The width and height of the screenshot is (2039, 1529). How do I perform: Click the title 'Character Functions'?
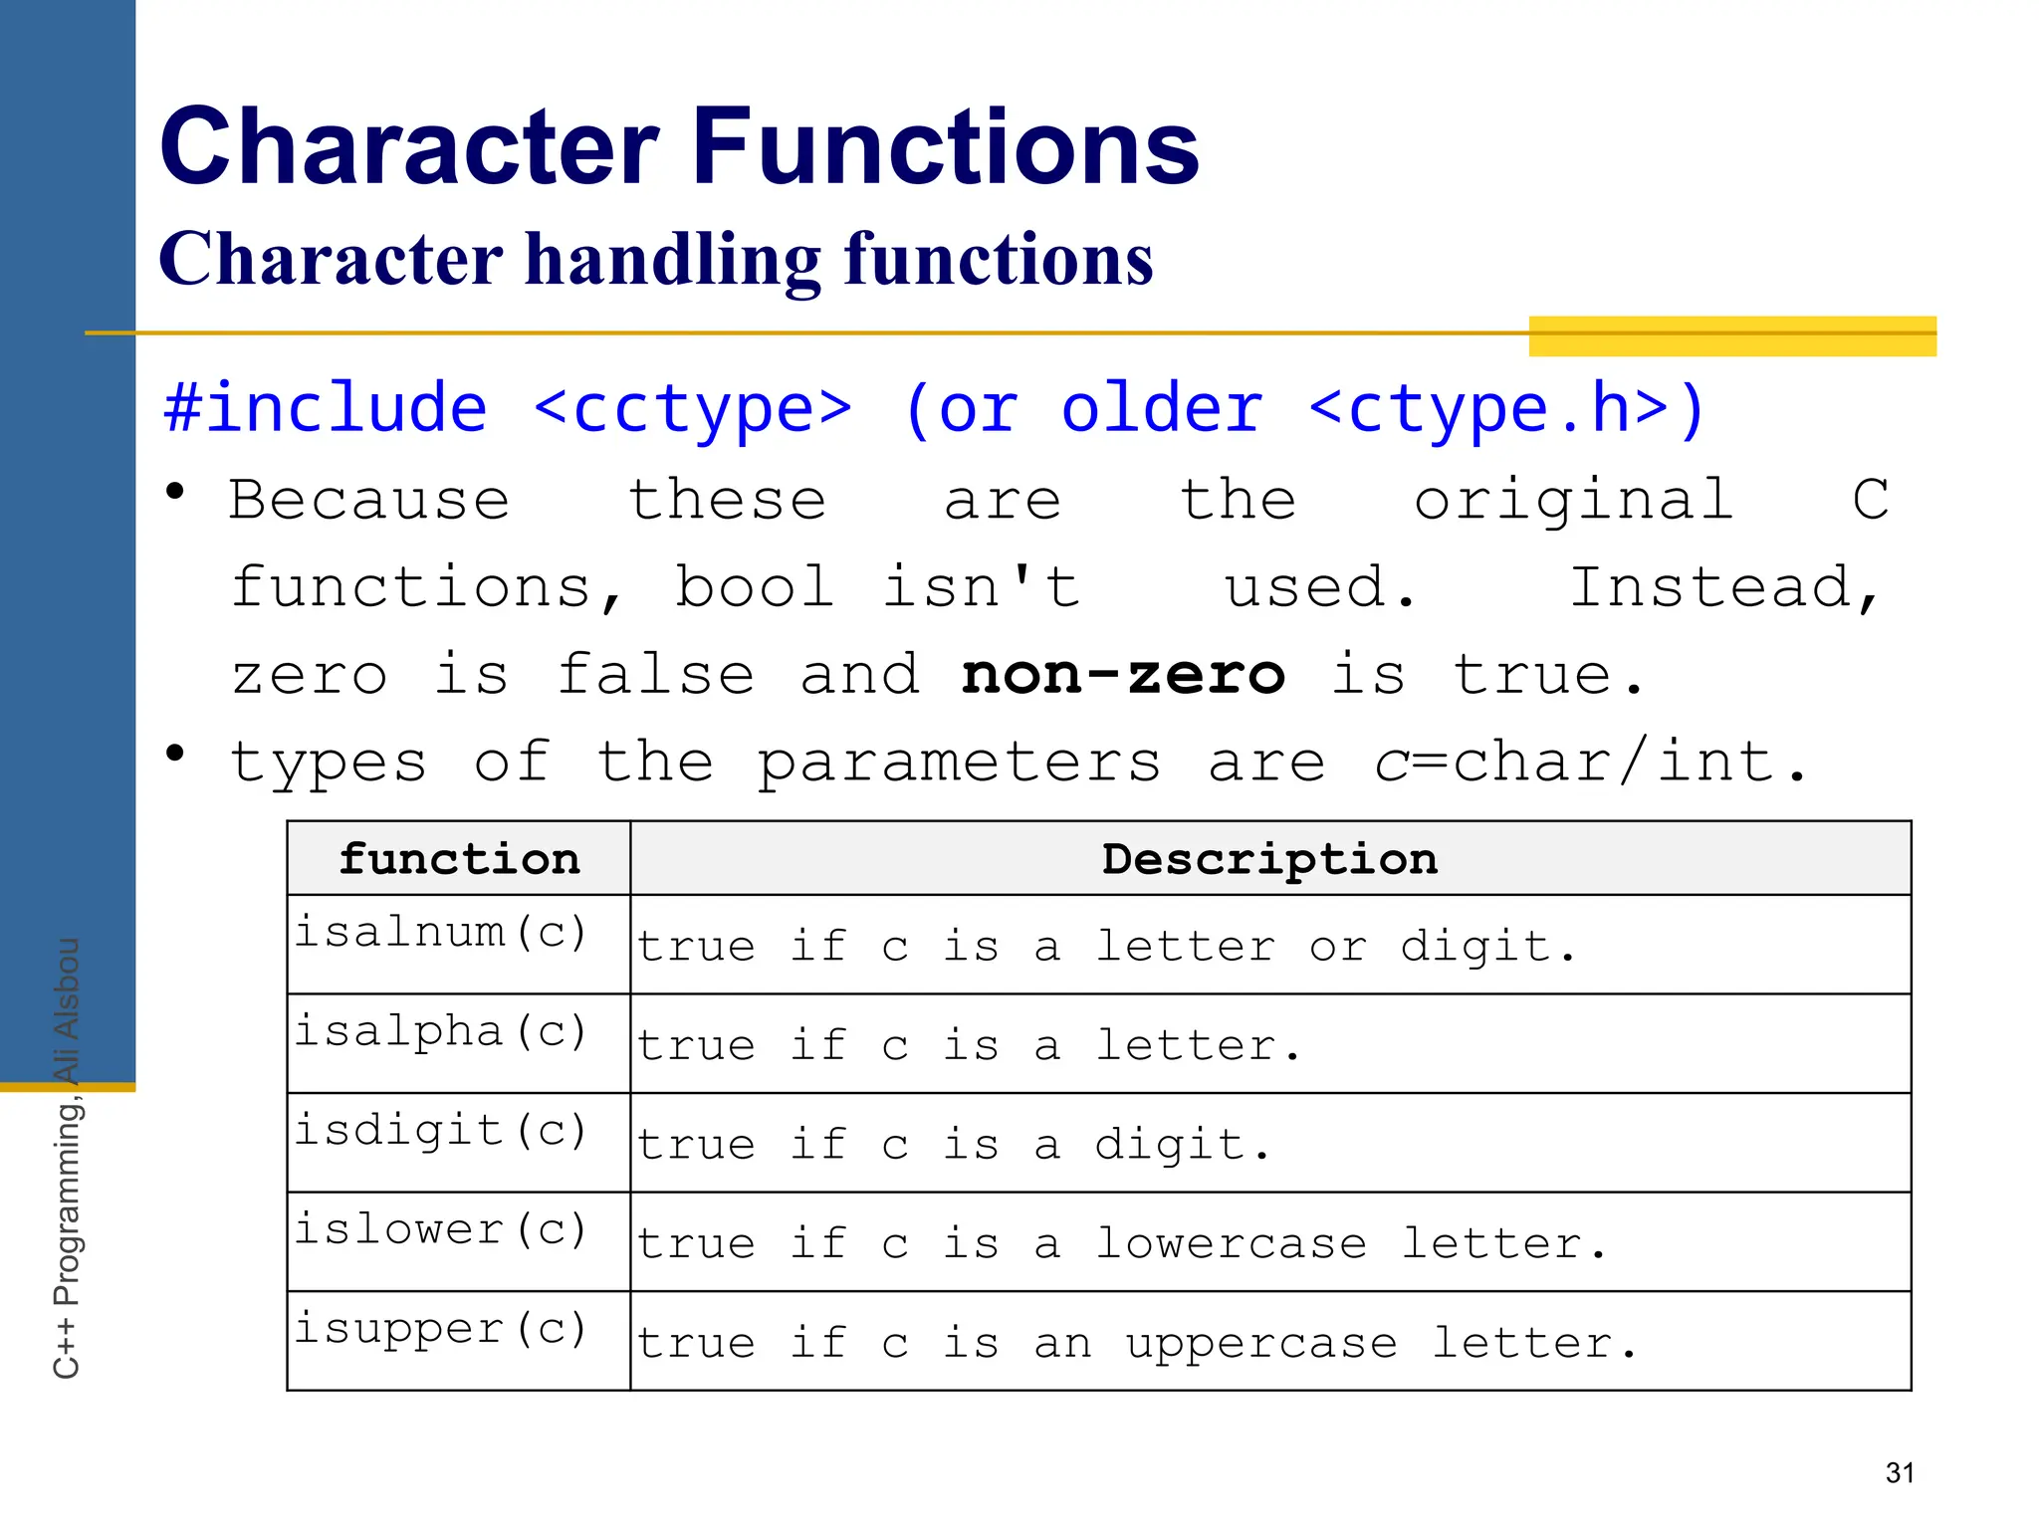click(x=679, y=146)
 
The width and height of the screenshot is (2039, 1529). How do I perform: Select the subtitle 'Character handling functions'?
click(x=656, y=259)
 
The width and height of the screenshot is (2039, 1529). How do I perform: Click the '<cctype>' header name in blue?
click(x=693, y=409)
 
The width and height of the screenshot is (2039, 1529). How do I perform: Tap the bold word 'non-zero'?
click(x=1123, y=676)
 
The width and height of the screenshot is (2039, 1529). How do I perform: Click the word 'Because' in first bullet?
click(x=369, y=500)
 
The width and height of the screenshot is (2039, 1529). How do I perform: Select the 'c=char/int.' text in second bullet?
click(x=1590, y=764)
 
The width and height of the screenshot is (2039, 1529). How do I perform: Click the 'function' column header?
click(x=459, y=859)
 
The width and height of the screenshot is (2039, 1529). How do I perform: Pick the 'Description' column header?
click(x=1269, y=859)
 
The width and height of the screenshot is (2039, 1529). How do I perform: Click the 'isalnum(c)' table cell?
click(x=441, y=933)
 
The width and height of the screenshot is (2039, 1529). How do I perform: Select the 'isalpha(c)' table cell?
click(x=441, y=1032)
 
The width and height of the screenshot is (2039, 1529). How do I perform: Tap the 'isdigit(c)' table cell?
click(x=441, y=1132)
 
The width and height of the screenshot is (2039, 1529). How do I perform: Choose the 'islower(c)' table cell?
click(x=441, y=1230)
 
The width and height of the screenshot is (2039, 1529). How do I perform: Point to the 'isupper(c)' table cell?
click(x=441, y=1330)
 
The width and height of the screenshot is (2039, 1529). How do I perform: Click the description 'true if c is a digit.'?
click(x=953, y=1145)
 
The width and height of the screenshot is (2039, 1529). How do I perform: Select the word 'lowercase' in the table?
click(x=1232, y=1244)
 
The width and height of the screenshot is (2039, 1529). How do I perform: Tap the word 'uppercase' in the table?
click(x=1261, y=1344)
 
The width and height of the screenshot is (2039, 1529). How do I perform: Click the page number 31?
click(x=1900, y=1472)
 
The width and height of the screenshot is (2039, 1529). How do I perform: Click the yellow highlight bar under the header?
click(x=1732, y=336)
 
